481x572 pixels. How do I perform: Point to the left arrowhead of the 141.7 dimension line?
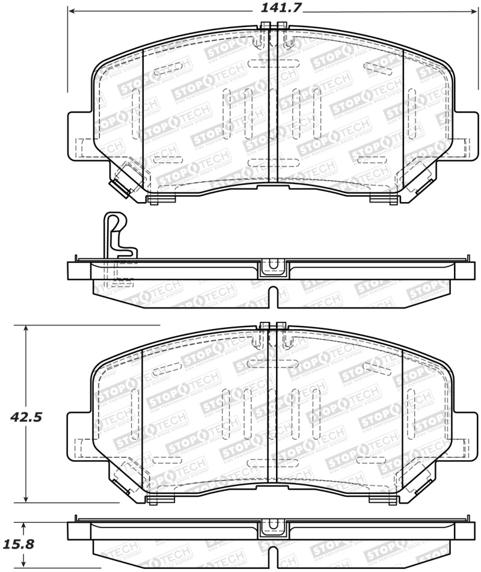[72, 10]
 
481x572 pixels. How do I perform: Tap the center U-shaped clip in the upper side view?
[273, 267]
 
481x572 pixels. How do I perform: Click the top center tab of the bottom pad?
[272, 326]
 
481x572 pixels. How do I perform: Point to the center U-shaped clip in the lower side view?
[273, 529]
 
